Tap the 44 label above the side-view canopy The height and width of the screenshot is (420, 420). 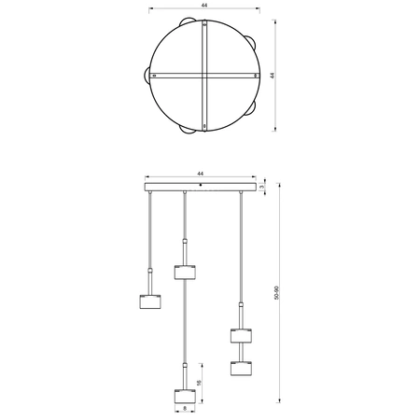201,174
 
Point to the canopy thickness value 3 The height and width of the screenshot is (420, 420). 263,188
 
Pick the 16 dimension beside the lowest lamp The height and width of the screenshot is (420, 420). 200,382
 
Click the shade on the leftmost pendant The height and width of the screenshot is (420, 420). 149,302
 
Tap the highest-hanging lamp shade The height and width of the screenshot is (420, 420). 186,272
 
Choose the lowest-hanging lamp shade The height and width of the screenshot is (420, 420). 185,396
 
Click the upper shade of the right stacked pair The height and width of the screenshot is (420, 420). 242,335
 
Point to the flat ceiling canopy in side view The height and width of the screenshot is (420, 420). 201,188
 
